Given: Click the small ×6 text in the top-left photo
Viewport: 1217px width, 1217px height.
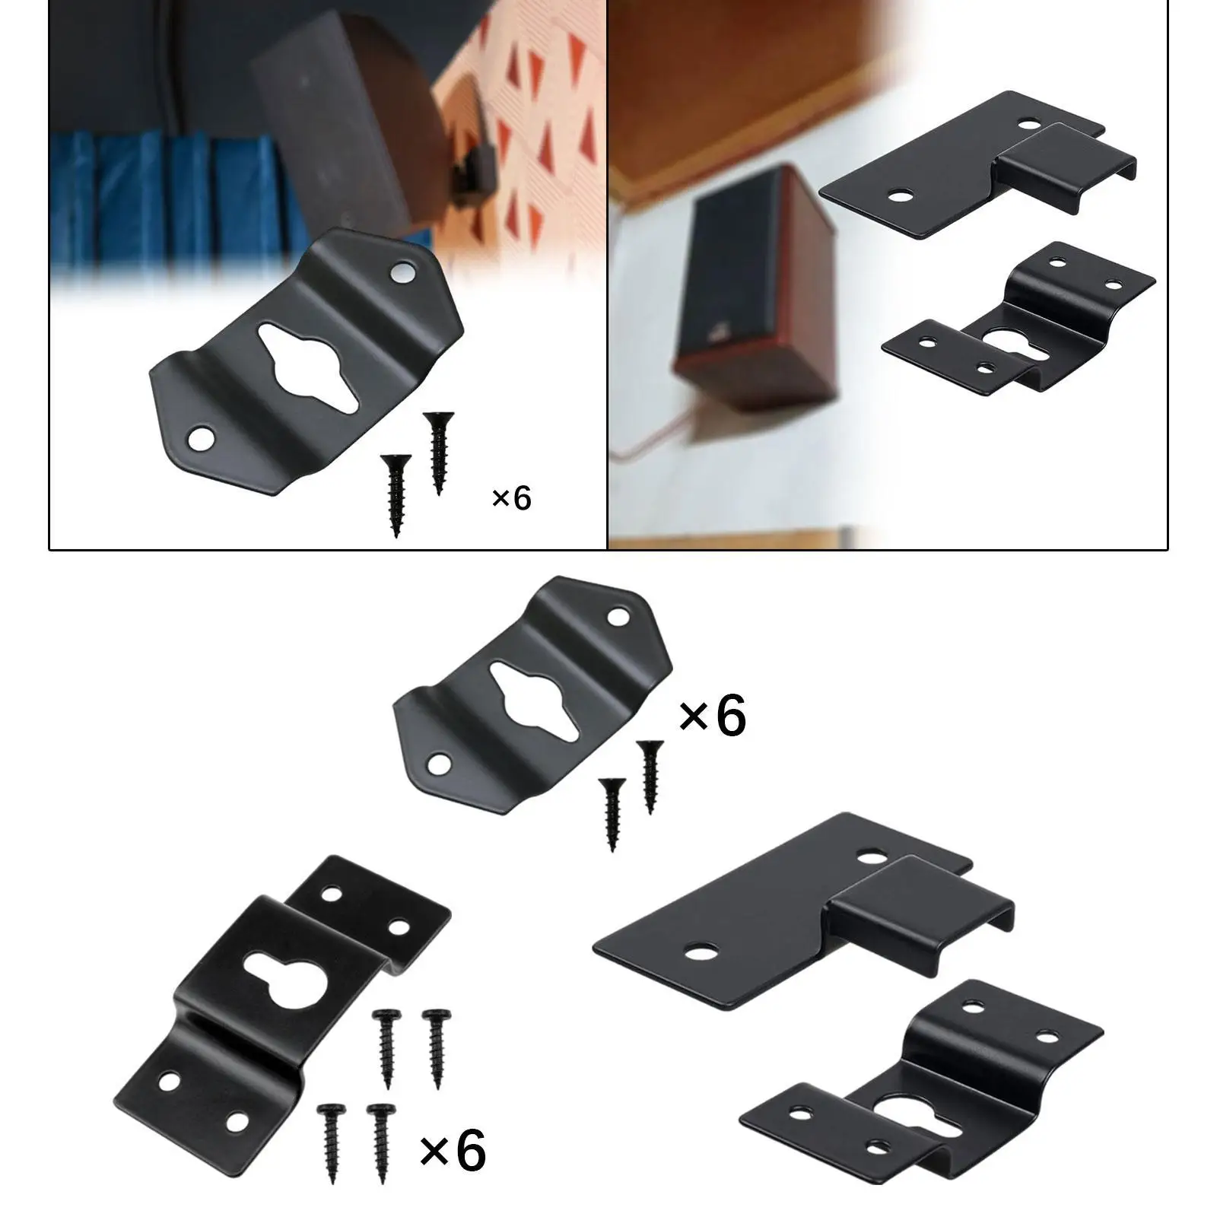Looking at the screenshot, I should tap(512, 498).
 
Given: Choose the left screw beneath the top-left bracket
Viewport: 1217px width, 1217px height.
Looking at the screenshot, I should tap(396, 494).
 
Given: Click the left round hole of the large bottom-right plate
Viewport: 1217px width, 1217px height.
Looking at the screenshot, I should tap(701, 950).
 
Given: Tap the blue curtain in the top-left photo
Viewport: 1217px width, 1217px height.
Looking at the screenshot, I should tap(152, 205).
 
